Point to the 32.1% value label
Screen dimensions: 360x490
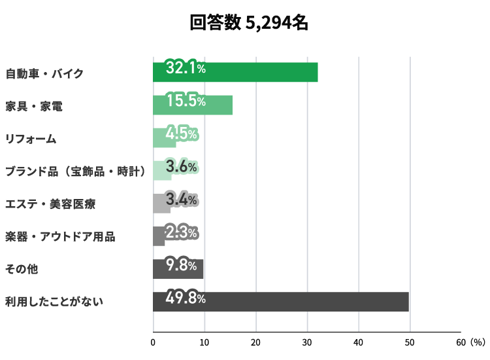[x=186, y=68]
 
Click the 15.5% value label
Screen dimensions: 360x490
[x=186, y=101]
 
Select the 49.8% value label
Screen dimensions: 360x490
[x=186, y=299]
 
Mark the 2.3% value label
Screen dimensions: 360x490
[x=182, y=233]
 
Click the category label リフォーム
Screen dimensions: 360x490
[x=31, y=139]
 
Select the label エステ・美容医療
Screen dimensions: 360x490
[x=50, y=204]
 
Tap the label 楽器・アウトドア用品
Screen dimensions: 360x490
[x=60, y=237]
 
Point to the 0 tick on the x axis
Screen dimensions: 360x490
[x=153, y=342]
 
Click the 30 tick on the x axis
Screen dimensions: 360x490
[x=307, y=342]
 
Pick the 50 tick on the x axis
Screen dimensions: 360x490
[x=410, y=342]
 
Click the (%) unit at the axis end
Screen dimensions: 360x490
[x=478, y=342]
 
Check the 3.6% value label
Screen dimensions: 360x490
[x=182, y=167]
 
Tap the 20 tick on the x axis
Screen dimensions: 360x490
[x=255, y=342]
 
